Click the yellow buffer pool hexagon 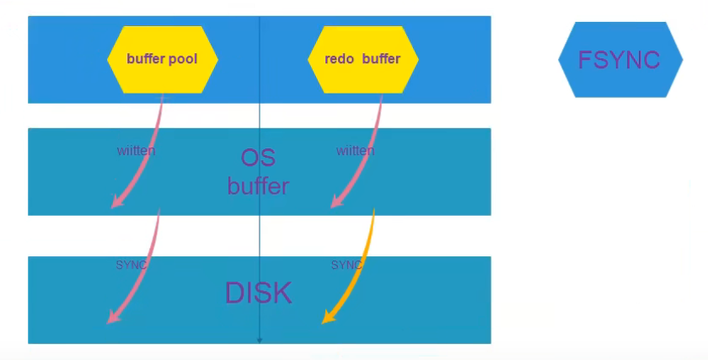pyautogui.click(x=163, y=59)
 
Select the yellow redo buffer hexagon pyautogui.click(x=363, y=59)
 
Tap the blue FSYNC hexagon pyautogui.click(x=620, y=60)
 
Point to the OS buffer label pyautogui.click(x=258, y=172)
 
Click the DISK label pyautogui.click(x=258, y=293)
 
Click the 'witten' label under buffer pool pyautogui.click(x=136, y=151)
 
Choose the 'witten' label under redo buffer pyautogui.click(x=355, y=151)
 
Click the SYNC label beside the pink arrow pyautogui.click(x=131, y=265)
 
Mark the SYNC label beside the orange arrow pyautogui.click(x=346, y=265)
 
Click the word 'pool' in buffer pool pyautogui.click(x=183, y=59)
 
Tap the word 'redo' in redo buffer pyautogui.click(x=339, y=59)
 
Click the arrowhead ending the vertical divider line pyautogui.click(x=260, y=340)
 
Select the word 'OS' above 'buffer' pyautogui.click(x=258, y=158)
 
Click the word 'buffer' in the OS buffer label pyautogui.click(x=258, y=185)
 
